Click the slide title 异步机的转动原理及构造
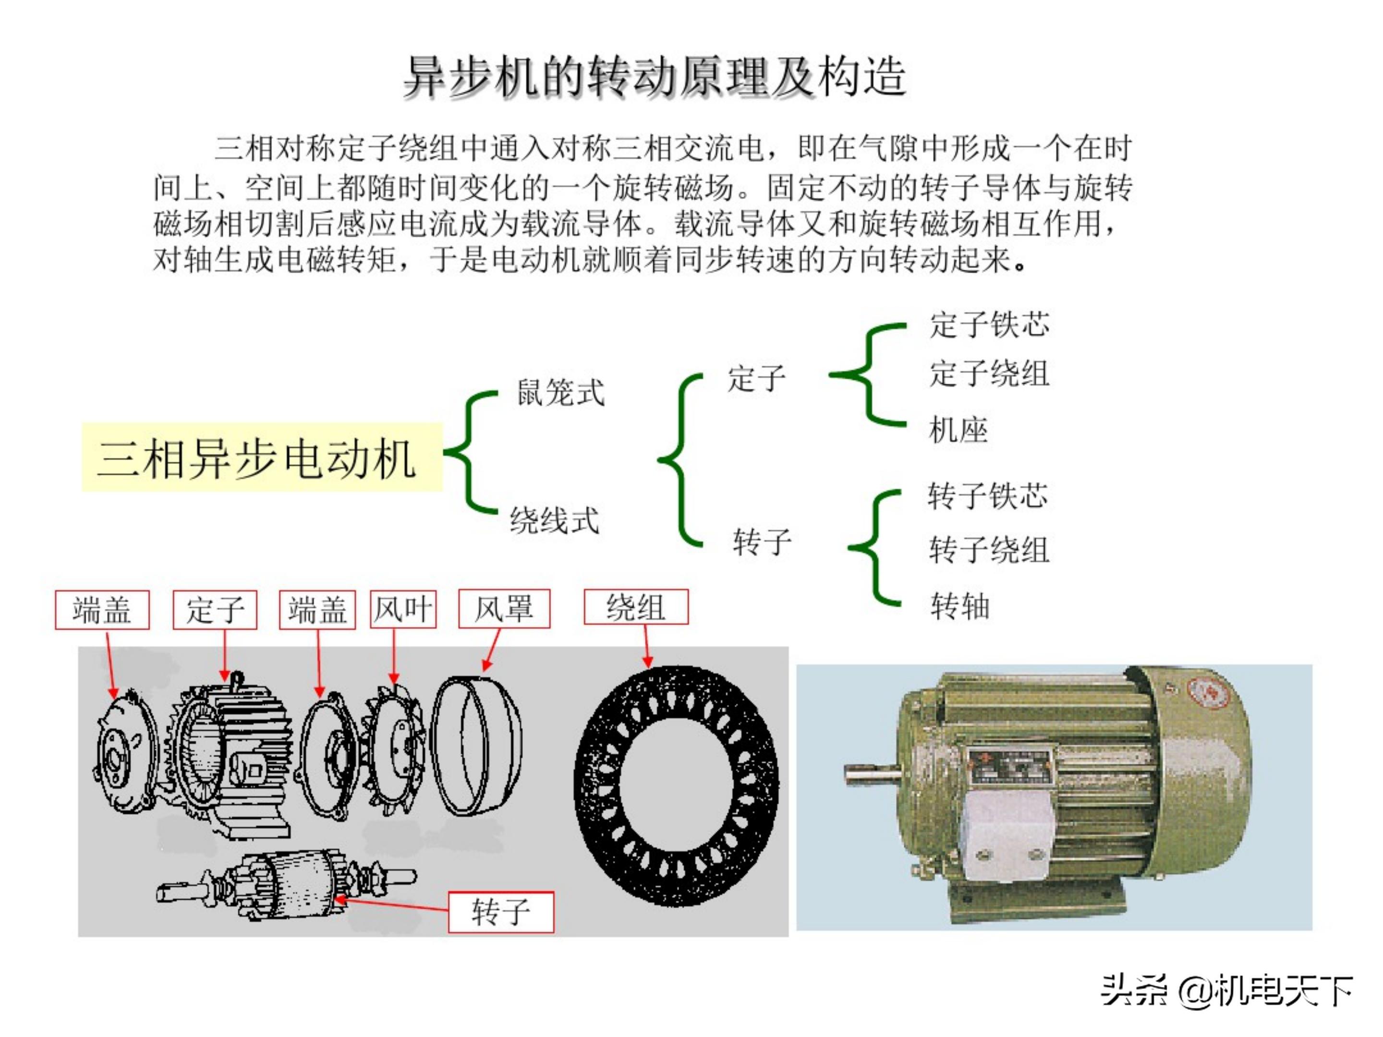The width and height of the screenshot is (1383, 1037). (654, 77)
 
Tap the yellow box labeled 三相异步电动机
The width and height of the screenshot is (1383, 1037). (261, 458)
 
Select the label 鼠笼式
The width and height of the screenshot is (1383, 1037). (559, 393)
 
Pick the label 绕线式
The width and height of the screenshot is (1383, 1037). (554, 520)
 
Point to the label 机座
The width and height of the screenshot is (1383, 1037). (958, 430)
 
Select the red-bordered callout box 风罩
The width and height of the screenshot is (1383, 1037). (504, 609)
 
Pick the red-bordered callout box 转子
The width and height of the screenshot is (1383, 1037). (501, 912)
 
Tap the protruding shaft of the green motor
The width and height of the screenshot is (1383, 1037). (871, 774)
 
